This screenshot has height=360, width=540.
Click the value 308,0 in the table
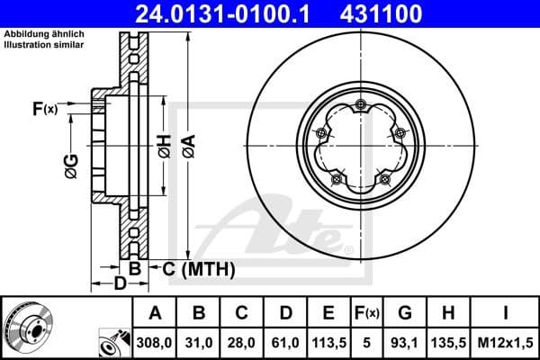[x=155, y=342]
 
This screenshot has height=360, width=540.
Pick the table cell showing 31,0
[x=199, y=342]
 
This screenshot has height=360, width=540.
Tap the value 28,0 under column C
[x=242, y=342]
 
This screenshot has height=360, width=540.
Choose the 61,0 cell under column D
[x=285, y=342]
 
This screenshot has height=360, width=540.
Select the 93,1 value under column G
[x=405, y=342]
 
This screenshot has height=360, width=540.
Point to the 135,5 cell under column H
[x=449, y=342]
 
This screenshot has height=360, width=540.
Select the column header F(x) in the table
[x=367, y=314]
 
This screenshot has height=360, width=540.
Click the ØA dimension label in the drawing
[x=188, y=145]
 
